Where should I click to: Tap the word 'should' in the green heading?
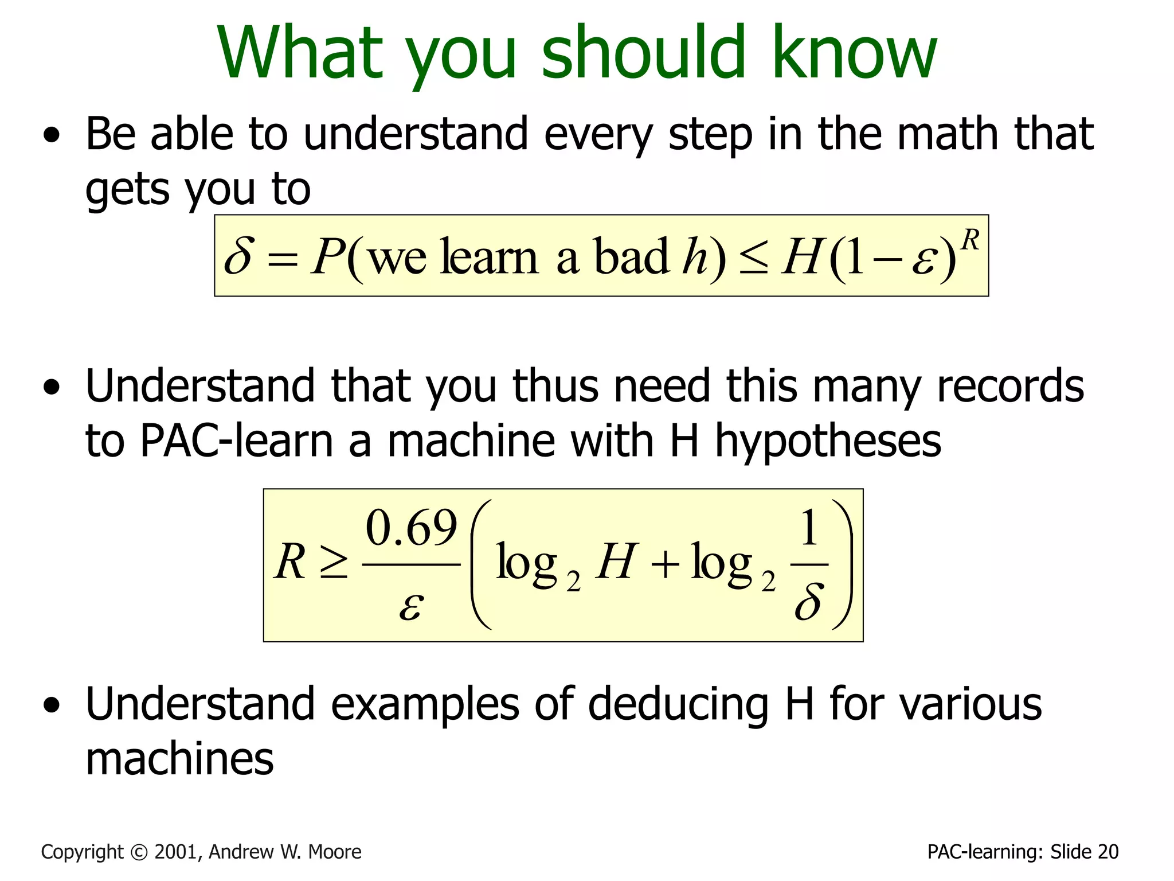tap(645, 53)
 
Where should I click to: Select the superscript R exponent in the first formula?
tap(969, 240)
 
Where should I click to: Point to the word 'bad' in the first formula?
tap(631, 256)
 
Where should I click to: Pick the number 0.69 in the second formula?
tap(412, 528)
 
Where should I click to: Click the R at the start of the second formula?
tap(290, 562)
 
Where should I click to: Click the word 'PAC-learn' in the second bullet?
tap(236, 442)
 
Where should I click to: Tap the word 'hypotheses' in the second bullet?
tap(828, 442)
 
